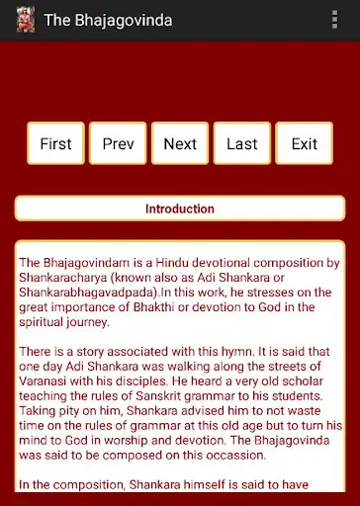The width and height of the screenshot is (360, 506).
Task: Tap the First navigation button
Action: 55,143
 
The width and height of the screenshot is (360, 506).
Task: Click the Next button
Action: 180,143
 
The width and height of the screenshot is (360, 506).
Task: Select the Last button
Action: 242,143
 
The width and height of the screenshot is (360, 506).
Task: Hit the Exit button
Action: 305,143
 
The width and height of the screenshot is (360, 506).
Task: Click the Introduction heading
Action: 180,209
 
